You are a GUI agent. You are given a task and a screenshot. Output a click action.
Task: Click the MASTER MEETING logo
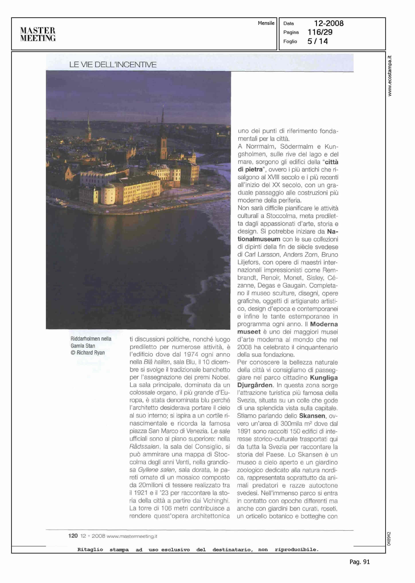(x=38, y=34)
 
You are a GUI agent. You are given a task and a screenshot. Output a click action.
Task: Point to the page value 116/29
(x=320, y=32)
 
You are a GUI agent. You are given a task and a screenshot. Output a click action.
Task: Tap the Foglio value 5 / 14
(x=318, y=41)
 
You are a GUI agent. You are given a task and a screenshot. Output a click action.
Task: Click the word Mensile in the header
(x=266, y=23)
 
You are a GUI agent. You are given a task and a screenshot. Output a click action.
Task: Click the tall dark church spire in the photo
(x=163, y=133)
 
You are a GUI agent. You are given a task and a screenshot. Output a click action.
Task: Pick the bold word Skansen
(x=312, y=416)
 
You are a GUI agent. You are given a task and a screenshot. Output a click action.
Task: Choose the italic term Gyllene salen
(x=156, y=470)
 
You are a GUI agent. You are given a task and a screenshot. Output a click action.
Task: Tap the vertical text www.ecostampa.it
(x=390, y=76)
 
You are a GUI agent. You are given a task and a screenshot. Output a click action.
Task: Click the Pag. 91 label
(x=360, y=562)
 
